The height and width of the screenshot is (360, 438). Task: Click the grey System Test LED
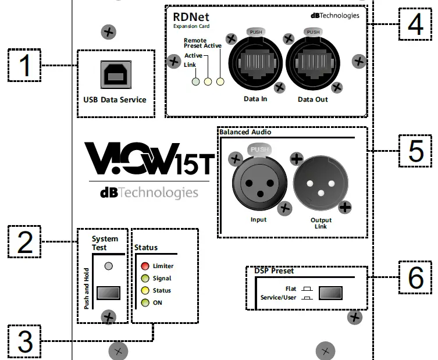[108, 266]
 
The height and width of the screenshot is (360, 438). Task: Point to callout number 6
[415, 277]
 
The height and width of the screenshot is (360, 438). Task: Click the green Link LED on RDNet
[197, 81]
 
